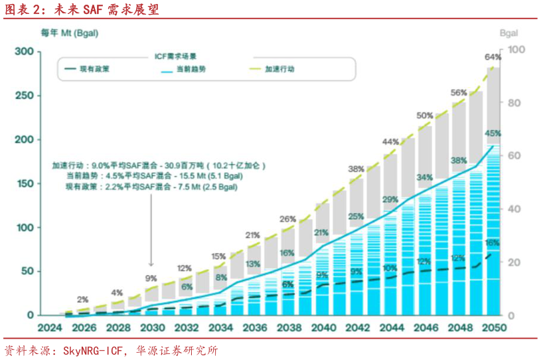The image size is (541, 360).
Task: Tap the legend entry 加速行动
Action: pos(279,69)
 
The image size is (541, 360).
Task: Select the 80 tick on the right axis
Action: pos(516,103)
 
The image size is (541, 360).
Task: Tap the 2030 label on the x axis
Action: pos(152,328)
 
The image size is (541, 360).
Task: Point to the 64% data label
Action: pos(493,57)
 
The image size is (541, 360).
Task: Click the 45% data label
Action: pos(493,134)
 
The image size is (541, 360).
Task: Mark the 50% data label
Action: pos(425,116)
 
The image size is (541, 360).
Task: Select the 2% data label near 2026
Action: pos(82,300)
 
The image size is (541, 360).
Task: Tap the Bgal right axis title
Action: pos(508,33)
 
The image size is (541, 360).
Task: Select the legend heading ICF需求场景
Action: pos(175,56)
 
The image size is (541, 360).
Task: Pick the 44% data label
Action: pos(390,141)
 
